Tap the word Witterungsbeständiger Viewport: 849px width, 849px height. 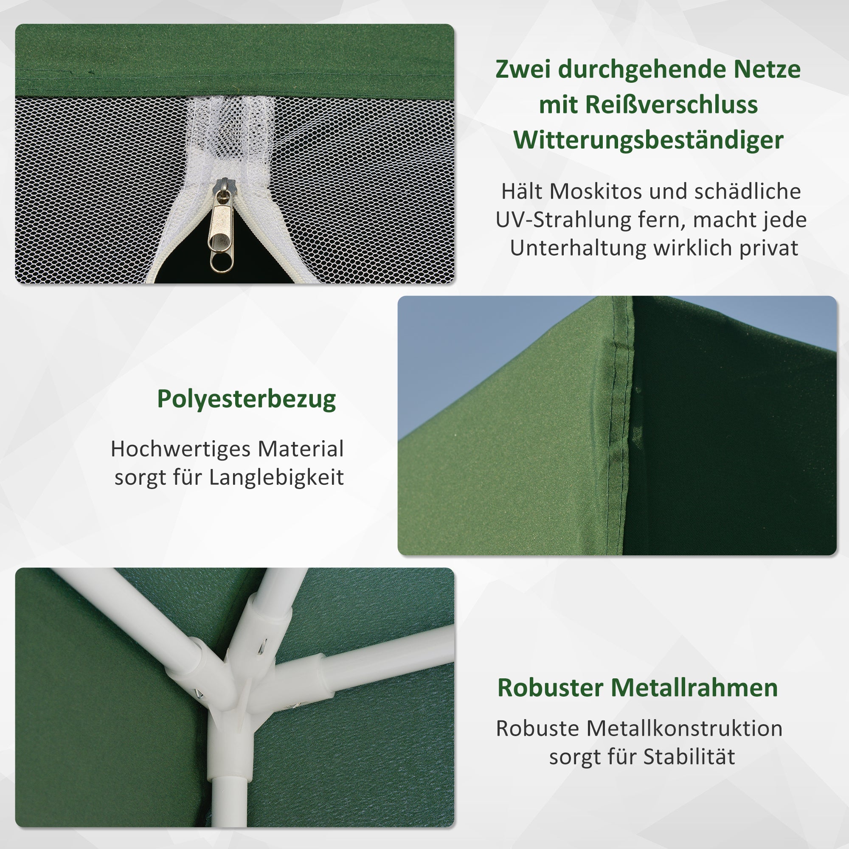(x=649, y=141)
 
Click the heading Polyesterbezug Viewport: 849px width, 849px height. (x=247, y=399)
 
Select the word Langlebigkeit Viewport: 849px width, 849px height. (x=276, y=478)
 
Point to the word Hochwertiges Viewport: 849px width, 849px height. (x=180, y=449)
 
